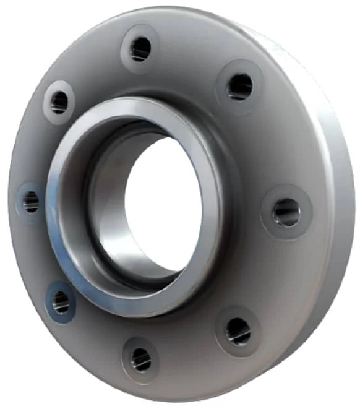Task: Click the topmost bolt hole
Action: [140, 48]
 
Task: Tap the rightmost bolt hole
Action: [286, 212]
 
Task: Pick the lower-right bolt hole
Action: [238, 331]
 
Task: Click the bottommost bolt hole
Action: [141, 358]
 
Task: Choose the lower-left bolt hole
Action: [61, 302]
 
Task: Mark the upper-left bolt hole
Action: [59, 101]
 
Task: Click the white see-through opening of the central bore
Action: [162, 204]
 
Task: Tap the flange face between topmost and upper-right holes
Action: [192, 59]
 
